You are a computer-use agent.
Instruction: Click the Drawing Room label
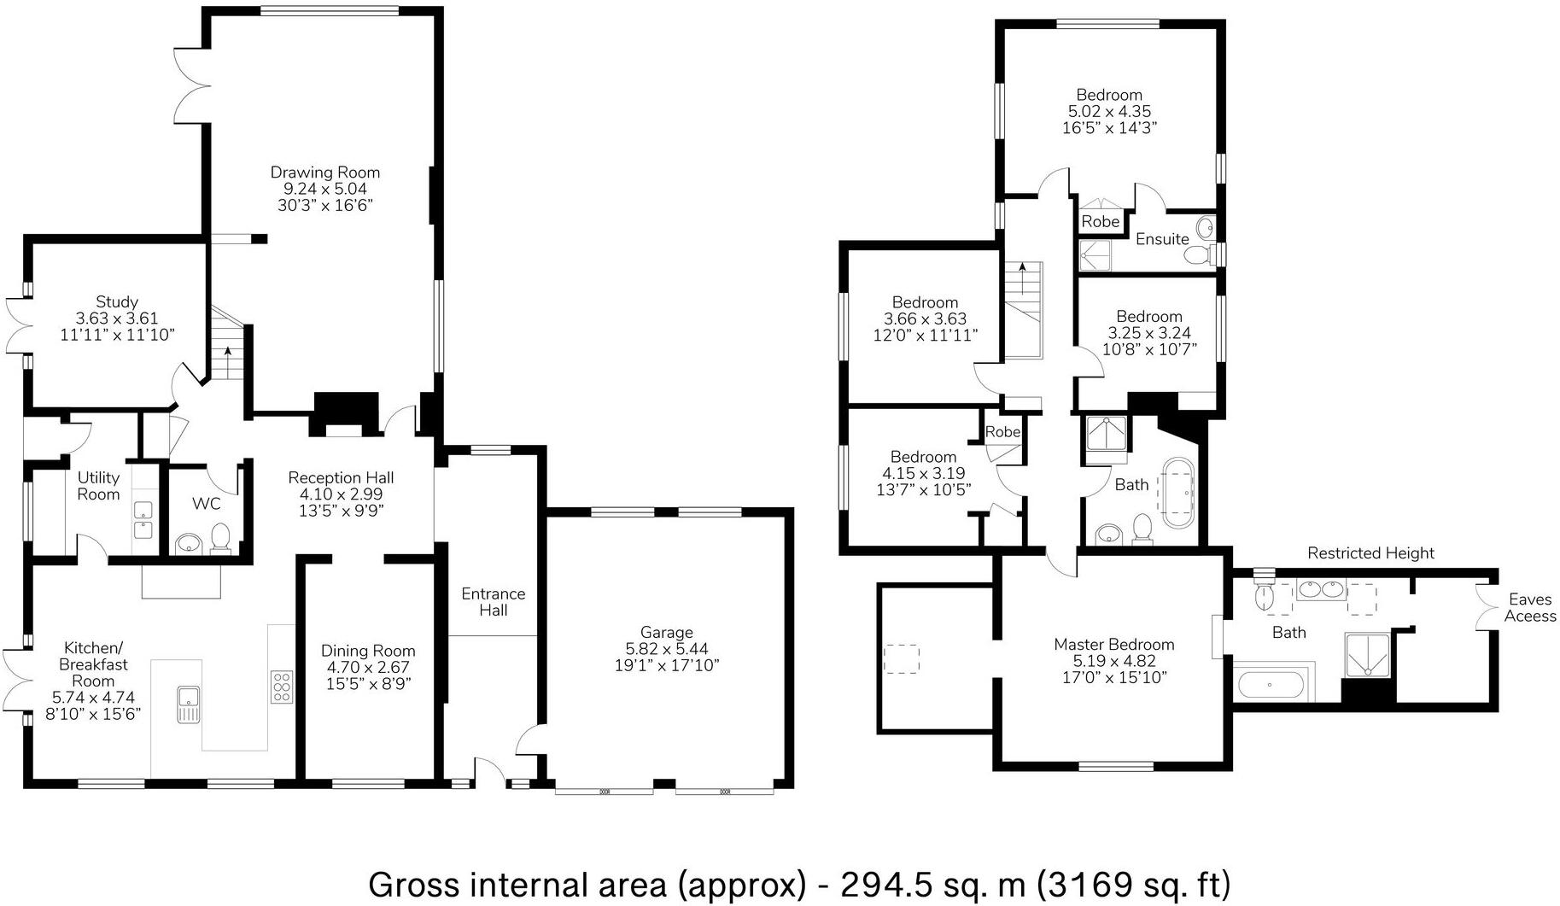pos(325,172)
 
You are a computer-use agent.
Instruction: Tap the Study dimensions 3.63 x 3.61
pos(117,319)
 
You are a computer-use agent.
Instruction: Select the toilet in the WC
pos(221,538)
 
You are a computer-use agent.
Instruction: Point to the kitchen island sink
pos(188,704)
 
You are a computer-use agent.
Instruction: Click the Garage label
pos(666,633)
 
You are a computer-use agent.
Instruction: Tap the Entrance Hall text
pos(493,602)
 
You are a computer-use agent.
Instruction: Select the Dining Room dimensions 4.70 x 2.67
pos(368,668)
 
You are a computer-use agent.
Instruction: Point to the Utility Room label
pos(98,486)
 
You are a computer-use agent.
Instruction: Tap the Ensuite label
pos(1162,239)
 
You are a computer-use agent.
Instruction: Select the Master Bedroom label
pos(1113,645)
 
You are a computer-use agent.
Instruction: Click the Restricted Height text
pos(1370,553)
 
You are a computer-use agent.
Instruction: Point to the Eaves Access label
pos(1529,608)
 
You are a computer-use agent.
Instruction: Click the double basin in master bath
pos(1320,588)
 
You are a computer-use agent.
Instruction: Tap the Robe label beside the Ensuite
pos(1100,221)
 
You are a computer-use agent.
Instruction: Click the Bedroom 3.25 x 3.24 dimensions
pos(1148,333)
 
